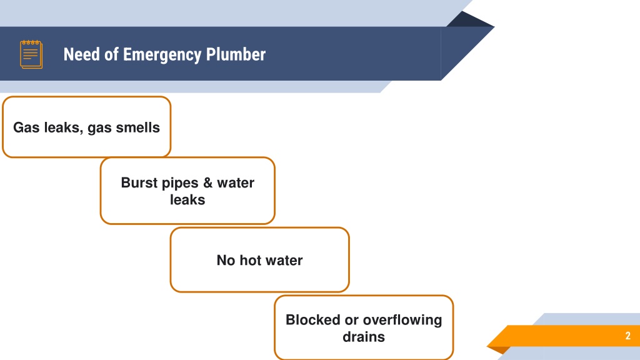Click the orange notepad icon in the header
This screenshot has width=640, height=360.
(x=31, y=54)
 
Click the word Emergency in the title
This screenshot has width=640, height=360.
(x=162, y=55)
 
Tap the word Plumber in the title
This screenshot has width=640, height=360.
(x=236, y=54)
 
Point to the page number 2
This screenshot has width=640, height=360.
(x=627, y=336)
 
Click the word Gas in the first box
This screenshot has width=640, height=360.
(x=26, y=127)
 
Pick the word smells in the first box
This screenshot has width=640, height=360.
(x=137, y=127)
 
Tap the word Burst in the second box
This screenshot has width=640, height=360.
(x=139, y=182)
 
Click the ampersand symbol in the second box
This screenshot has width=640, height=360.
(x=207, y=182)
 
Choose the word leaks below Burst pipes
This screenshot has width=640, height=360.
(x=187, y=199)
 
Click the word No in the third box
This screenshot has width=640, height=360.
(x=226, y=260)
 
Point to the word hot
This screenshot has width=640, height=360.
(x=250, y=260)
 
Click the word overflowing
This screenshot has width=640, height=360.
(x=402, y=321)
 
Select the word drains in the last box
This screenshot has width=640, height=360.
(x=364, y=337)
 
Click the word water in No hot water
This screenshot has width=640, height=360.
(x=284, y=261)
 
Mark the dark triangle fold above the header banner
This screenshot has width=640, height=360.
(x=470, y=19)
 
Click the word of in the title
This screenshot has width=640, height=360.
(x=111, y=54)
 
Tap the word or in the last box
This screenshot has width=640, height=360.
(x=351, y=321)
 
